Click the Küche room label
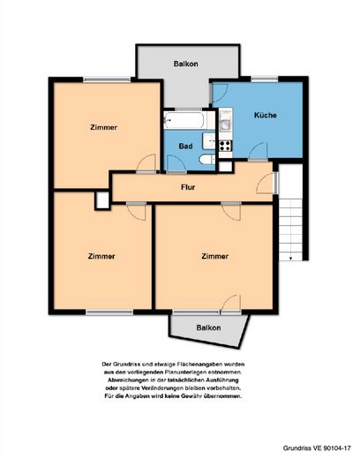click(x=266, y=115)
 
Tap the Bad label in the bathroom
click(x=186, y=146)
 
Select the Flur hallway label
click(x=188, y=187)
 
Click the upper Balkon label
click(x=185, y=64)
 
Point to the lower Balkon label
click(x=208, y=327)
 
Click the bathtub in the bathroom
click(x=186, y=120)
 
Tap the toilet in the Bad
click(x=207, y=160)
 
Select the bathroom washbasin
click(x=209, y=141)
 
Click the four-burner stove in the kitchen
click(x=226, y=146)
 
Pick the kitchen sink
click(x=226, y=124)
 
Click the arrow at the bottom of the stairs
click(x=290, y=258)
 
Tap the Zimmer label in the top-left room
click(x=103, y=127)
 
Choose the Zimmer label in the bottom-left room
click(x=101, y=256)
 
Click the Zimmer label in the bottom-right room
click(x=215, y=256)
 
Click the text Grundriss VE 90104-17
click(x=317, y=448)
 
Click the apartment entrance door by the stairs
click(x=266, y=183)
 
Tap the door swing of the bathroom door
click(x=176, y=163)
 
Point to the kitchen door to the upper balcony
click(x=219, y=93)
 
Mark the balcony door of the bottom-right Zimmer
click(x=231, y=304)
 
